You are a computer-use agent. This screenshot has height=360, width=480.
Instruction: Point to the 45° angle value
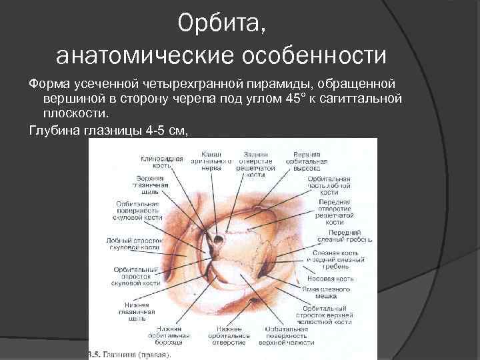click(291, 99)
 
